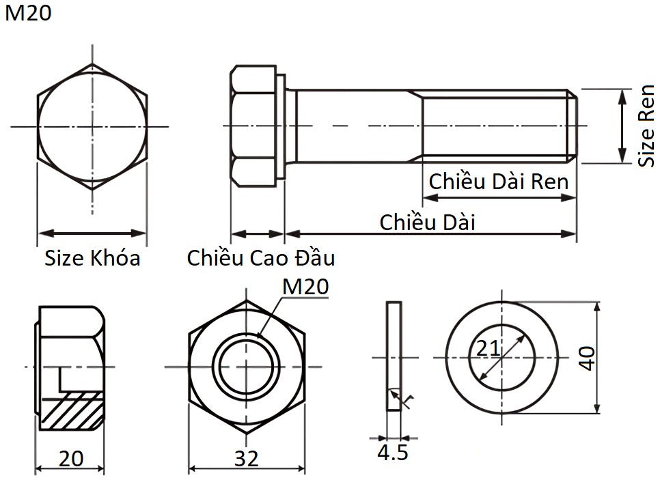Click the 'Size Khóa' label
point(92,258)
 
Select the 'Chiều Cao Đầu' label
point(261,258)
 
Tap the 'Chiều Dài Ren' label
point(498,182)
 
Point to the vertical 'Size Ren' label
point(646,126)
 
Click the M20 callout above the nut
point(305,287)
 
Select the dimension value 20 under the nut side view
point(70,458)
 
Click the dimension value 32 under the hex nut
point(247,458)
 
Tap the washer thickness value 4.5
point(392,452)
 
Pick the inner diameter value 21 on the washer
point(488,348)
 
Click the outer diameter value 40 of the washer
point(588,357)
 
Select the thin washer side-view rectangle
point(394,356)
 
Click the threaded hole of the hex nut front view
point(247,367)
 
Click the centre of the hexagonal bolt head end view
point(92,126)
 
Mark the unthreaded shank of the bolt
point(355,126)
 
